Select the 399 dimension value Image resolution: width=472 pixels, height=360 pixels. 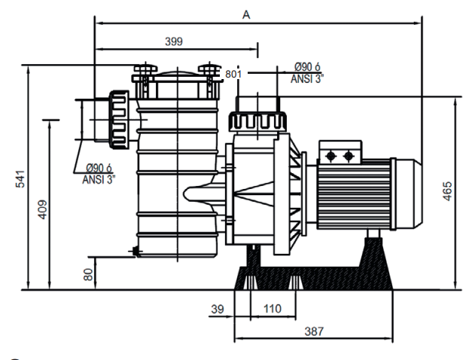click(x=173, y=41)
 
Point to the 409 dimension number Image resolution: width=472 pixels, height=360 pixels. click(x=42, y=209)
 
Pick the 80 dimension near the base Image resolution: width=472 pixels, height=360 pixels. click(x=88, y=274)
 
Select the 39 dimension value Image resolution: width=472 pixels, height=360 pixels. click(x=218, y=308)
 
